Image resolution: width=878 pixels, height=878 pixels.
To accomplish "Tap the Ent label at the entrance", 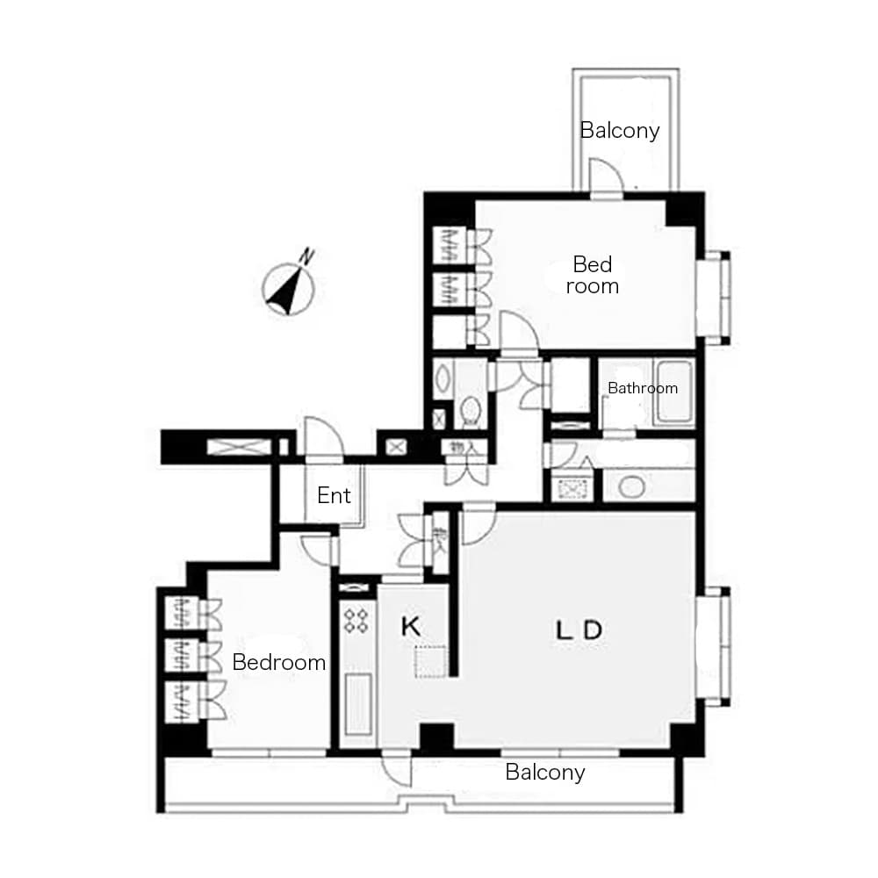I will pyautogui.click(x=334, y=496).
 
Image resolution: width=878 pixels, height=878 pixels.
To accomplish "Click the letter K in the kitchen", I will pyautogui.click(x=410, y=627).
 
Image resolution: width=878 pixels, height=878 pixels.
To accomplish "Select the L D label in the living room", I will pyautogui.click(x=579, y=630).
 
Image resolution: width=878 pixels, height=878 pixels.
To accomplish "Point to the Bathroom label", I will pyautogui.click(x=643, y=388).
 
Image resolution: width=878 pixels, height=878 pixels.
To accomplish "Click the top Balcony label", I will pyautogui.click(x=619, y=132).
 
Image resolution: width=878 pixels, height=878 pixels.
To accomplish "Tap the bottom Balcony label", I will pyautogui.click(x=544, y=773).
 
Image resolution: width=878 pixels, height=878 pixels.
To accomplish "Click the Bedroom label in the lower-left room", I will pyautogui.click(x=278, y=663).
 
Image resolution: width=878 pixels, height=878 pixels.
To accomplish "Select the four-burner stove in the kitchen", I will pyautogui.click(x=356, y=622).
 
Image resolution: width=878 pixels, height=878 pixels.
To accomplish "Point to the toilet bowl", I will pyautogui.click(x=471, y=410).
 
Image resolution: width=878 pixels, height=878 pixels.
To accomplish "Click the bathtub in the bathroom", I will pyautogui.click(x=674, y=393).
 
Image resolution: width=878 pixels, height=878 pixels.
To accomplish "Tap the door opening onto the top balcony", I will pyautogui.click(x=605, y=176).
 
